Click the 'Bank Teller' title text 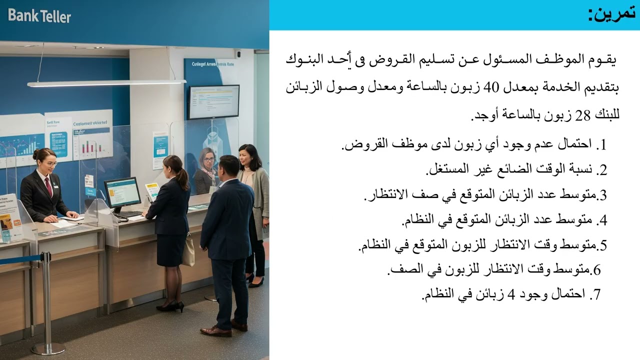[x=39, y=16]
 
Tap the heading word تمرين [x=612, y=13]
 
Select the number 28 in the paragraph [x=582, y=115]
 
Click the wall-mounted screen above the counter [x=213, y=101]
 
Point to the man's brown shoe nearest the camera [x=215, y=331]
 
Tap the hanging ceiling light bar [x=106, y=83]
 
